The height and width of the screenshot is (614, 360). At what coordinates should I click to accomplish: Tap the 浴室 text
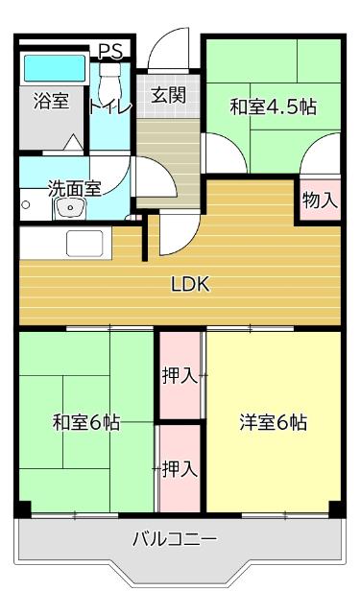click(x=50, y=100)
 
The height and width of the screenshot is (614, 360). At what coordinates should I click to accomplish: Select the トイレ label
click(x=109, y=106)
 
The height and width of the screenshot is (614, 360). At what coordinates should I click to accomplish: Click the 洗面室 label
click(x=74, y=188)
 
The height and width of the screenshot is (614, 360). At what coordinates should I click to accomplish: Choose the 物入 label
click(x=320, y=201)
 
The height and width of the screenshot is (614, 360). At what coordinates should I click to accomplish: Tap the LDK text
click(x=190, y=284)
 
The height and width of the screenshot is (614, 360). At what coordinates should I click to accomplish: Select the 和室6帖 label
click(x=85, y=422)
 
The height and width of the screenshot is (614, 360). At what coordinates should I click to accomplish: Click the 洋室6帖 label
click(x=273, y=422)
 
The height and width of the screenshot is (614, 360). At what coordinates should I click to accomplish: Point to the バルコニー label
click(x=174, y=539)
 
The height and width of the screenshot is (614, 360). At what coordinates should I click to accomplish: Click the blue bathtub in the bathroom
click(x=53, y=68)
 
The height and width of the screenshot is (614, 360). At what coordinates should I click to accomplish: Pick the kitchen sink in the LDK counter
click(x=86, y=244)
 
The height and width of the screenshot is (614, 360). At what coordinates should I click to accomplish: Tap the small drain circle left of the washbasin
click(x=28, y=204)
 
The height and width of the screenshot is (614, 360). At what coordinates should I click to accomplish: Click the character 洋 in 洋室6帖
click(x=249, y=422)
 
